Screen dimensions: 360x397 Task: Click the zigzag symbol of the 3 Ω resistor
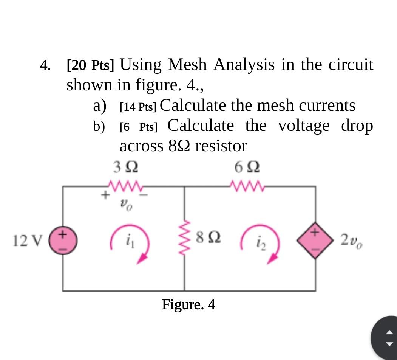pyautogui.click(x=125, y=185)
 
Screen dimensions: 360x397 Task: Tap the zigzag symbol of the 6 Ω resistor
pyautogui.click(x=247, y=185)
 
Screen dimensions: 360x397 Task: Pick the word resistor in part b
pyautogui.click(x=221, y=146)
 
